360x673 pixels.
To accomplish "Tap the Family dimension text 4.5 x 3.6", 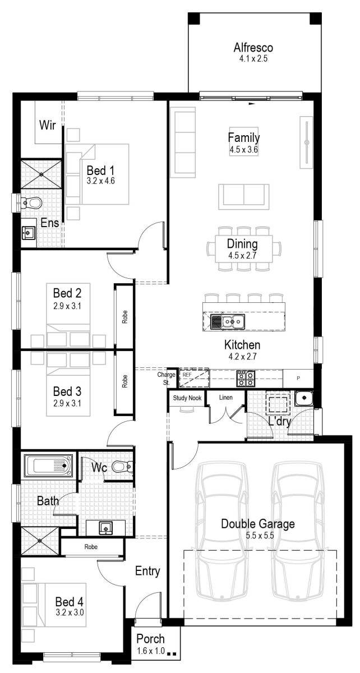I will click(x=243, y=150).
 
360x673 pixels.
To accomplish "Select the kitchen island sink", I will click(x=228, y=321).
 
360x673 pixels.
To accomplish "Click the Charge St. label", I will click(x=167, y=378).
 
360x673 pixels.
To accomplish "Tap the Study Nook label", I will click(x=187, y=398).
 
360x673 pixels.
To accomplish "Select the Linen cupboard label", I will click(x=226, y=398).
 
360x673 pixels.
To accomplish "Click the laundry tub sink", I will click(x=303, y=399).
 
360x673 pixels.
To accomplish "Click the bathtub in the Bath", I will click(x=48, y=466).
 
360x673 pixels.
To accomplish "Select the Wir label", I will click(x=47, y=125).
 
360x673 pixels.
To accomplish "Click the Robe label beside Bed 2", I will click(x=124, y=316).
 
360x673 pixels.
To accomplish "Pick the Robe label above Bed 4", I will click(x=93, y=546).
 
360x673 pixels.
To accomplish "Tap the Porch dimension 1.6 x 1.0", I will click(x=150, y=651).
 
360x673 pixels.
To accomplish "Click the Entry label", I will click(x=147, y=571).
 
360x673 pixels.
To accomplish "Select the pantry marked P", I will click(x=298, y=378).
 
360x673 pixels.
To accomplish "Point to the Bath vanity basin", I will click(x=104, y=527).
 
